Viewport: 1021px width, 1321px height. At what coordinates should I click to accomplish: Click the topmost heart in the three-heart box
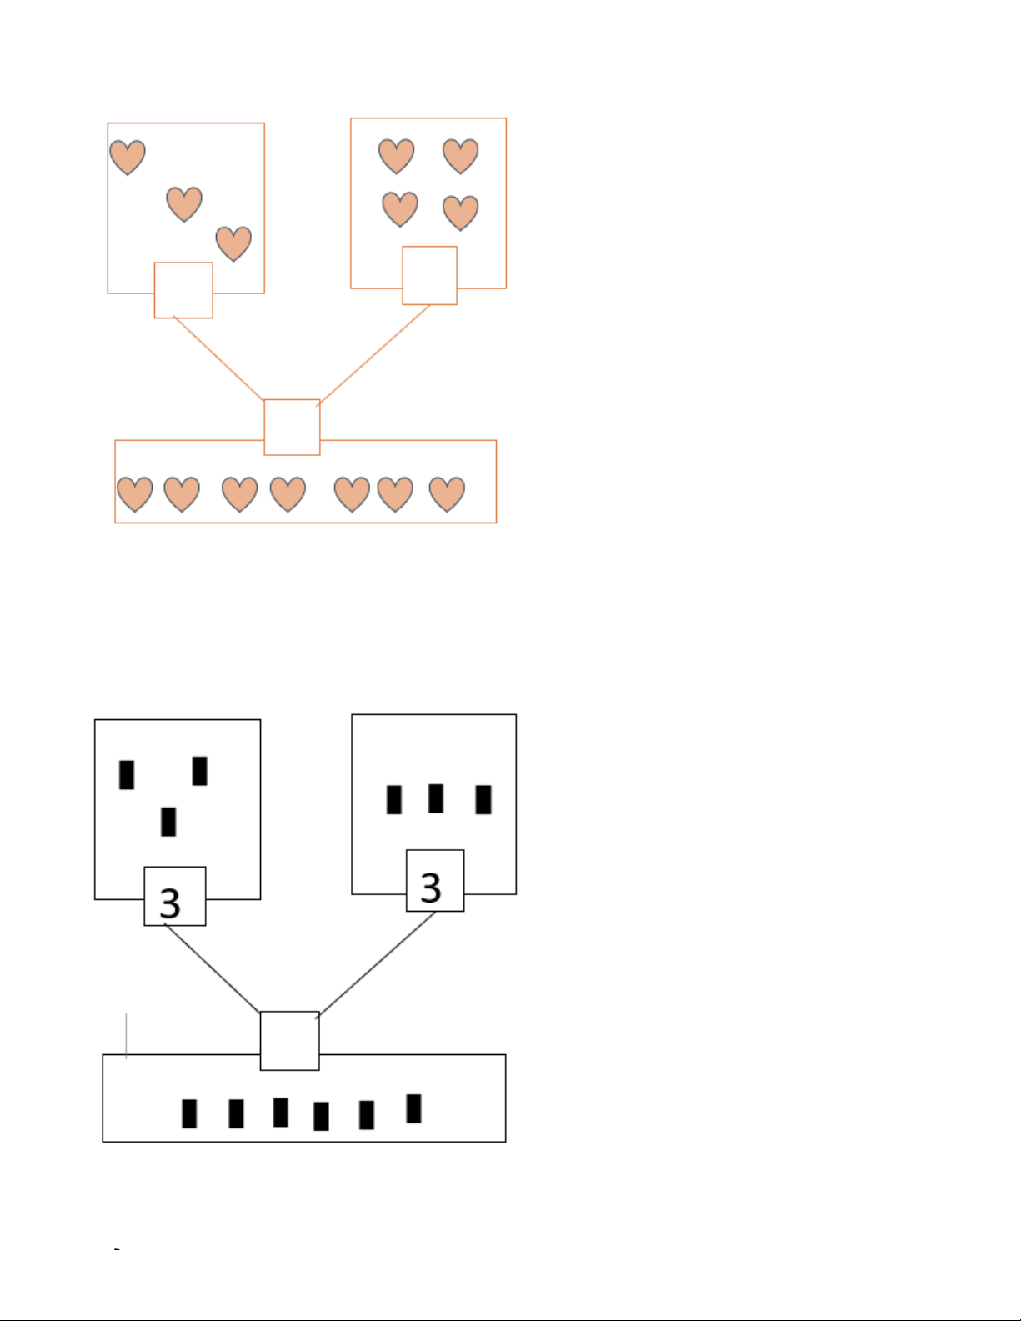click(128, 158)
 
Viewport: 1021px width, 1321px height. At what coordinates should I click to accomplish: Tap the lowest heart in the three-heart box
click(233, 243)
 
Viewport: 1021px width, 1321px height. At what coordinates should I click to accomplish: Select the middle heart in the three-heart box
click(184, 204)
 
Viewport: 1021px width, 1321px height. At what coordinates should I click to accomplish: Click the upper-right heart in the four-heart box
click(461, 156)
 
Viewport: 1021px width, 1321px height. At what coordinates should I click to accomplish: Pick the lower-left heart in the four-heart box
click(400, 209)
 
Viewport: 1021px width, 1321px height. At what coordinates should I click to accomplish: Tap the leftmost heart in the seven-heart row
click(135, 494)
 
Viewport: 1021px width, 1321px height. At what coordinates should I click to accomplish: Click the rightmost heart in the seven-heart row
click(447, 494)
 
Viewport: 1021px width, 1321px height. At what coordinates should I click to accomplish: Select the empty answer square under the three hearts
click(183, 290)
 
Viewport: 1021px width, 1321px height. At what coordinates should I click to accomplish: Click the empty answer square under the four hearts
click(430, 275)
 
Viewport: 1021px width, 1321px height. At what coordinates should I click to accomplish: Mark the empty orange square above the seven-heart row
click(292, 427)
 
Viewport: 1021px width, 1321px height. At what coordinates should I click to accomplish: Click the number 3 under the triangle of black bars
click(170, 903)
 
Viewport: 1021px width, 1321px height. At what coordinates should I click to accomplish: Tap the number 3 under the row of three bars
click(430, 888)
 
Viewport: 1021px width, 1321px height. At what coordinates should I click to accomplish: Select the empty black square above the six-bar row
click(290, 1041)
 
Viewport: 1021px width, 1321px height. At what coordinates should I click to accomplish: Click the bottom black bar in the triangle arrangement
click(168, 822)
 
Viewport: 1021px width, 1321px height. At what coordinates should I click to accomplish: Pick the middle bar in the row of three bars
click(436, 798)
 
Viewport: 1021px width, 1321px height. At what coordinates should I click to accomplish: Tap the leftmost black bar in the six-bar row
click(189, 1113)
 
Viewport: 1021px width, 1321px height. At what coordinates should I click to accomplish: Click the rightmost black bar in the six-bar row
click(414, 1108)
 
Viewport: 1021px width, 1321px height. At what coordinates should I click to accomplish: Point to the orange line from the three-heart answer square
click(218, 358)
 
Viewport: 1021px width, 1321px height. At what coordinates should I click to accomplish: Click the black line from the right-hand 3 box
click(376, 965)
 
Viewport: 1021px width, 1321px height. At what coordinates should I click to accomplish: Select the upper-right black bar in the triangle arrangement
click(199, 771)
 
